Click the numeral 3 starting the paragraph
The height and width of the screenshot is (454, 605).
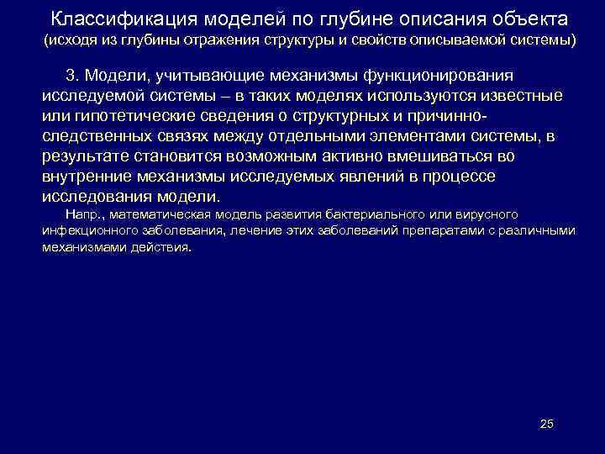point(70,76)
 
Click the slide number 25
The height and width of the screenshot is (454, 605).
point(546,424)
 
